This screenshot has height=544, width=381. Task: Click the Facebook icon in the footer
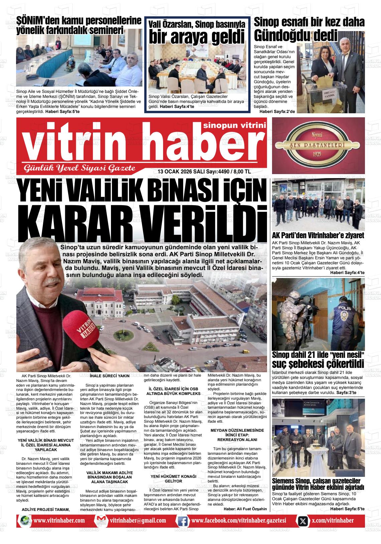[182, 521]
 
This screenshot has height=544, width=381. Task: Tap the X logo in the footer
[302, 521]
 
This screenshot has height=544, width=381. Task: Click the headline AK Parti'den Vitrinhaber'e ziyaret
[318, 235]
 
